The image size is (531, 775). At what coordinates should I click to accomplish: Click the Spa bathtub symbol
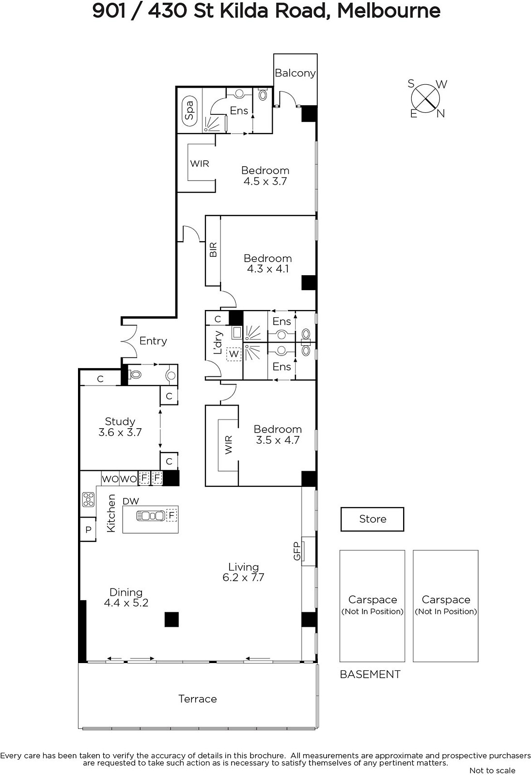point(189,110)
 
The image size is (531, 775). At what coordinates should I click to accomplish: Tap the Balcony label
point(295,73)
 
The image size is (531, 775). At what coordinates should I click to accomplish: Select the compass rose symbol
point(426,99)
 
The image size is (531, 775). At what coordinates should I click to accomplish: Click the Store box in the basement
point(373,519)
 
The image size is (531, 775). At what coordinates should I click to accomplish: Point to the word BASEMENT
point(370,674)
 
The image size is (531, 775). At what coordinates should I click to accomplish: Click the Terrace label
point(198,699)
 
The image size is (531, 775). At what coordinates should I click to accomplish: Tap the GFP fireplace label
point(297,551)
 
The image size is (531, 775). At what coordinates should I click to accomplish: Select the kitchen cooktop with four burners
point(88,499)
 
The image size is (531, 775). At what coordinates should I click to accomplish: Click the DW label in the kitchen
point(131,501)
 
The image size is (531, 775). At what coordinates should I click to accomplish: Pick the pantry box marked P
point(88,529)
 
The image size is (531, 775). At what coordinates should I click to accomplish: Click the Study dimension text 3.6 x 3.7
point(120,432)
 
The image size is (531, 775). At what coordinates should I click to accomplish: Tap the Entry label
point(153,341)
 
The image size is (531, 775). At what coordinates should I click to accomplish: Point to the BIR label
point(213,249)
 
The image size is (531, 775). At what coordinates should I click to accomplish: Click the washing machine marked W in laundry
point(234,354)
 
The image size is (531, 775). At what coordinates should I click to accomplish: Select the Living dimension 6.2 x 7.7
point(243,577)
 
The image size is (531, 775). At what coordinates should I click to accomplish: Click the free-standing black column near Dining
point(172,620)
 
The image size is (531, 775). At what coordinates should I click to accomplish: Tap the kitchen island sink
point(151,516)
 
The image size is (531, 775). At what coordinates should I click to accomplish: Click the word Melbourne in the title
point(389,11)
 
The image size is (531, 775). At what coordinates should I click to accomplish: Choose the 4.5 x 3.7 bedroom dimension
point(265,181)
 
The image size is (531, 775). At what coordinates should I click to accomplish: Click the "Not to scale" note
point(492,771)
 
